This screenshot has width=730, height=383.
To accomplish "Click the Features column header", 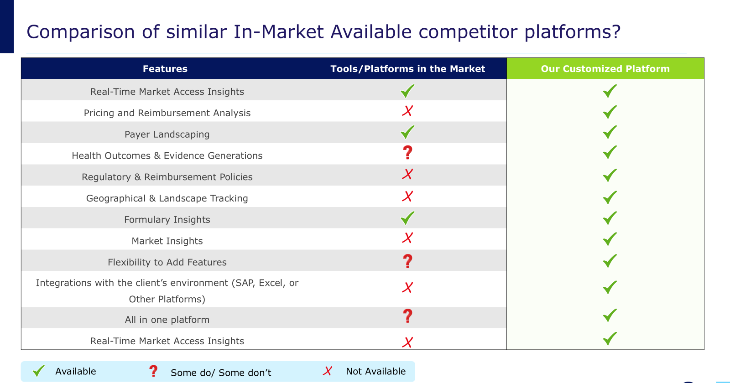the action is click(165, 69).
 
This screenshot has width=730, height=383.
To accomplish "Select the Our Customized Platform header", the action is click(605, 69).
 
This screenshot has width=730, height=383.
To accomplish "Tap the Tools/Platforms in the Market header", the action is click(408, 69).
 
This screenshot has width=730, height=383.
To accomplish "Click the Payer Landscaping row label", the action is click(167, 134).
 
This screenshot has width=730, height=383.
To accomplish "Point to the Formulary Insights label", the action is click(167, 219).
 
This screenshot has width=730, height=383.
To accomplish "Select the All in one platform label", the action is click(167, 320).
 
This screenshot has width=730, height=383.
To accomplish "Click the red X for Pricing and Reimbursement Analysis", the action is click(407, 111).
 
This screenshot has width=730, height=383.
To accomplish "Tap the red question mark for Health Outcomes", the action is click(408, 152).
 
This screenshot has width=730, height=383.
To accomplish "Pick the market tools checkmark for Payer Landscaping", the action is click(407, 132).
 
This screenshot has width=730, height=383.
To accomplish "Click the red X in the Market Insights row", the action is click(407, 238).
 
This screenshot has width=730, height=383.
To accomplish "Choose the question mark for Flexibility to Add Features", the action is click(408, 261).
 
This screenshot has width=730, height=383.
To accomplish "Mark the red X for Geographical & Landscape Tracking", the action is click(407, 197).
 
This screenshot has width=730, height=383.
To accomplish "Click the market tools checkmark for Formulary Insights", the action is click(407, 218).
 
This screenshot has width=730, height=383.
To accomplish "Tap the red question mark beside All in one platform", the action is click(408, 316).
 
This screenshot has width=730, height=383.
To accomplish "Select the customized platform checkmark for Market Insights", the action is click(610, 239).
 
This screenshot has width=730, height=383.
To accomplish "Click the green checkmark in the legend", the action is click(38, 371).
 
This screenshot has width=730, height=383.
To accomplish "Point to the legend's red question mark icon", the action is click(153, 371).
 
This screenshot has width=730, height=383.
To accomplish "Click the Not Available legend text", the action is click(376, 371).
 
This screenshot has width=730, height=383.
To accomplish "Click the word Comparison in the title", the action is click(80, 32).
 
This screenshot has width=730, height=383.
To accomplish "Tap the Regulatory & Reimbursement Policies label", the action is click(167, 177).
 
